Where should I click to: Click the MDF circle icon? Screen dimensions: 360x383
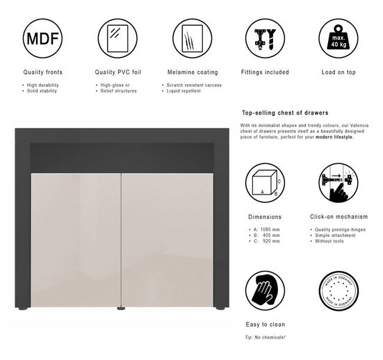(42, 37)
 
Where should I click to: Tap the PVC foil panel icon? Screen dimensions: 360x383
(117, 37)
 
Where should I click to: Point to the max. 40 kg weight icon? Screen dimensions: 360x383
(338, 37)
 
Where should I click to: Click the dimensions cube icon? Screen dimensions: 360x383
(265, 183)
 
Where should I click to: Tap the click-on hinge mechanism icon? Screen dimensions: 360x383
(338, 183)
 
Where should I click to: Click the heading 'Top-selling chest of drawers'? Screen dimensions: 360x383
(285, 113)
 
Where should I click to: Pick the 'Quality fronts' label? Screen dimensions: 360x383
(43, 72)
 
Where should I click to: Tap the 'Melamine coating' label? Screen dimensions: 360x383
(193, 72)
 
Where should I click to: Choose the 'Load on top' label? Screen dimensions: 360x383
(338, 72)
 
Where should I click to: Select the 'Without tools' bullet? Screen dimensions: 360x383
(330, 241)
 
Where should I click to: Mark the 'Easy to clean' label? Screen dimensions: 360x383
(265, 325)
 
